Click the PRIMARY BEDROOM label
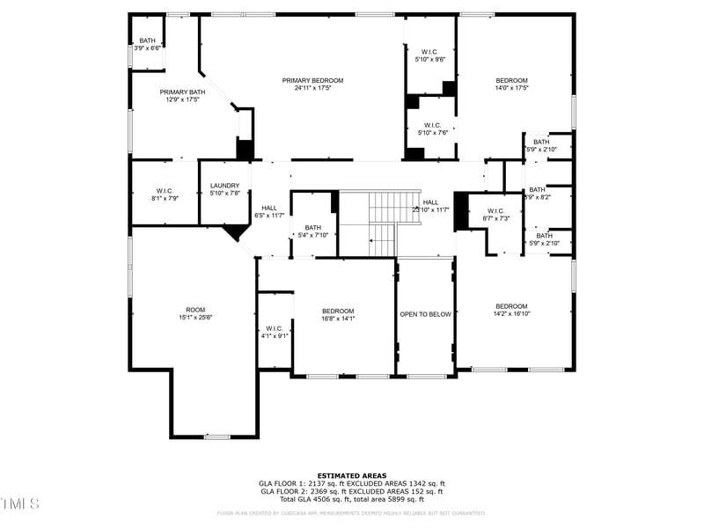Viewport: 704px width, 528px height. click(x=312, y=80)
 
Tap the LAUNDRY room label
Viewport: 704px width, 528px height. click(x=224, y=186)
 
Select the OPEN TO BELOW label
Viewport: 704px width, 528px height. click(x=425, y=314)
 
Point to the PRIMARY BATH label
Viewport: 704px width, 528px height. click(x=182, y=92)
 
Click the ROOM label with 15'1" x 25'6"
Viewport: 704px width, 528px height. click(x=195, y=310)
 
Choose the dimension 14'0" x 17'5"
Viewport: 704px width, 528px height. click(x=511, y=88)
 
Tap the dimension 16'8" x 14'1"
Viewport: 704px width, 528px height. click(x=338, y=319)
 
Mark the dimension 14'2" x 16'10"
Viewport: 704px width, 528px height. click(x=511, y=313)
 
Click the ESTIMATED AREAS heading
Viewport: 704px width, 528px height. click(x=351, y=475)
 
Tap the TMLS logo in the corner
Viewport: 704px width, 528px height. click(x=20, y=503)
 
